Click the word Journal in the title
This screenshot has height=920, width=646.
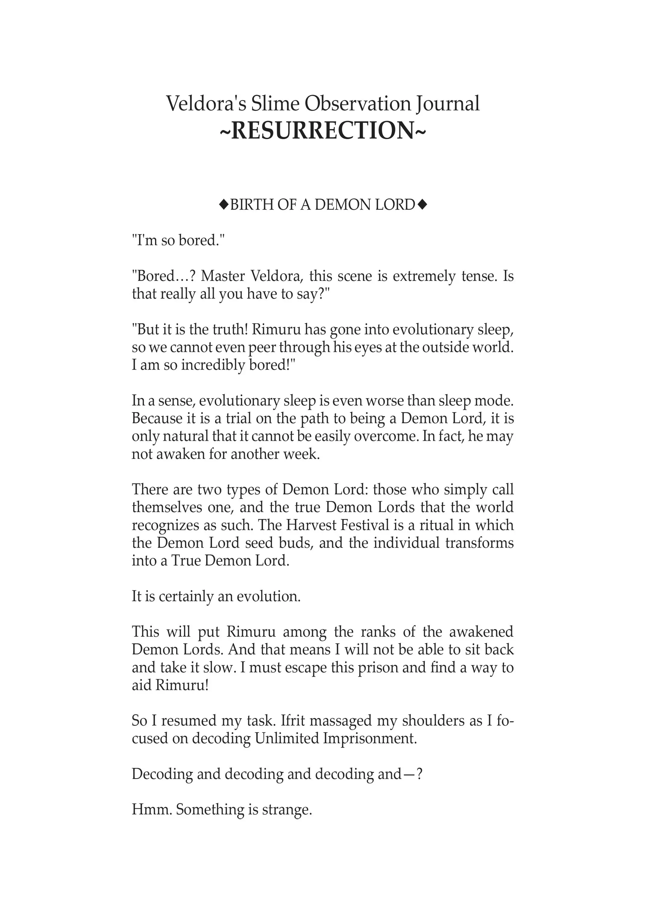(447, 104)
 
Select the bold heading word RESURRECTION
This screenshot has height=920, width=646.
(323, 131)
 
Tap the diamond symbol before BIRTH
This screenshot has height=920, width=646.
(223, 205)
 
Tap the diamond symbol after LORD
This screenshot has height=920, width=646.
(422, 205)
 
